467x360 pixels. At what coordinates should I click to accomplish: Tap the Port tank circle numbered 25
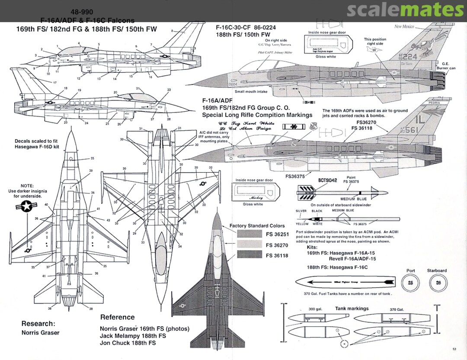click(410, 283)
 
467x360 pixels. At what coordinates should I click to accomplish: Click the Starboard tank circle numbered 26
click(437, 283)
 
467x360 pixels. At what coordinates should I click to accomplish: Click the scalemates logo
click(405, 10)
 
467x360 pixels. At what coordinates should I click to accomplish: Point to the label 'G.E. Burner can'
click(445, 65)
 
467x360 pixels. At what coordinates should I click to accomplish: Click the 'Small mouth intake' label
click(251, 91)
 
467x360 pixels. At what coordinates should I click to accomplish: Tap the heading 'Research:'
click(38, 323)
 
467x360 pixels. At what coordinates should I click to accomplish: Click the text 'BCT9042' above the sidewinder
click(327, 180)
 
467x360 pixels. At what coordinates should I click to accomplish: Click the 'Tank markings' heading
click(352, 309)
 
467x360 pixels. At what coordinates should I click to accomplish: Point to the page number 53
click(454, 349)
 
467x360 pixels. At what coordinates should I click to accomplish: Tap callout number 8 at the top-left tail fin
click(172, 31)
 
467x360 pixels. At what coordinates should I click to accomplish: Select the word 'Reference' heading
click(117, 317)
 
